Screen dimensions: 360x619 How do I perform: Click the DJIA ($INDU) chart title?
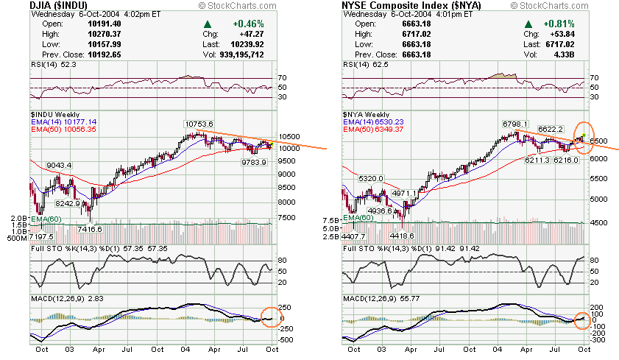pyautogui.click(x=63, y=6)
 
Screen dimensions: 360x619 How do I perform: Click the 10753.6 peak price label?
pyautogui.click(x=199, y=124)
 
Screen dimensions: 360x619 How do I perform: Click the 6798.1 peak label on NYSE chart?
pyautogui.click(x=516, y=124)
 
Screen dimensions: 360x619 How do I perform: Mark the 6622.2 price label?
pyautogui.click(x=550, y=129)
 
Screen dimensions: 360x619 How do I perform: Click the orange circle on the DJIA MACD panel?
pyautogui.click(x=271, y=319)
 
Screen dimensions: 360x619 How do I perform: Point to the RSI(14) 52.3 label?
pyautogui.click(x=47, y=65)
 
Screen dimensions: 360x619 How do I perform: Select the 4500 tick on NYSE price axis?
pyautogui.click(x=599, y=223)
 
